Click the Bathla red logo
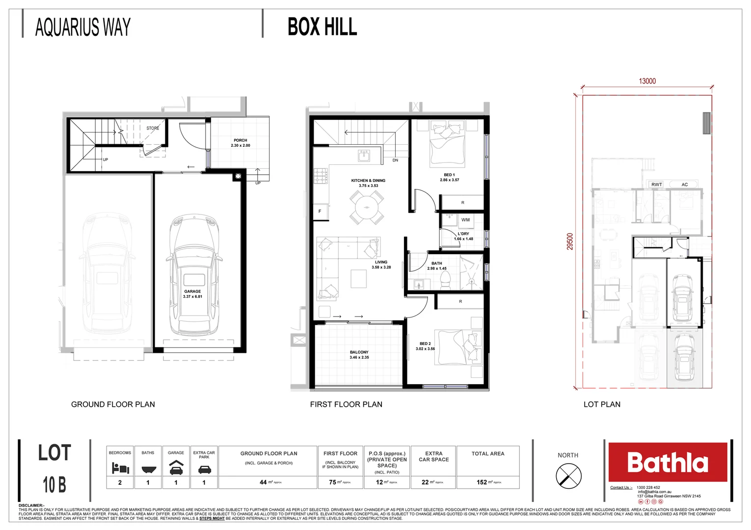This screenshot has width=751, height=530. point(668,462)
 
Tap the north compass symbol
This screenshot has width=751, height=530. point(568,476)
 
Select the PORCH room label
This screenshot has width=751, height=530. point(241,140)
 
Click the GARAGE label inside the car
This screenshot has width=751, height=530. point(192,291)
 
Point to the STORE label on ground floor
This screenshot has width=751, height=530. point(153,128)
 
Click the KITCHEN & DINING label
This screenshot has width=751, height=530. point(368,181)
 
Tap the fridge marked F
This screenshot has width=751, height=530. point(320,212)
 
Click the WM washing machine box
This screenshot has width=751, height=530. point(465,220)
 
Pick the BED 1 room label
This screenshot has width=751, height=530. point(449,175)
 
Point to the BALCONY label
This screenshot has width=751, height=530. point(359,352)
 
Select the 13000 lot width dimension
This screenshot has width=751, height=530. point(647,81)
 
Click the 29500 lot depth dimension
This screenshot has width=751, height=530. point(570,241)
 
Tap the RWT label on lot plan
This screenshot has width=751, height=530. point(656,185)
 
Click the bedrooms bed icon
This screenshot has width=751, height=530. point(120,468)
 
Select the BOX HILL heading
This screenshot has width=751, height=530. point(322,27)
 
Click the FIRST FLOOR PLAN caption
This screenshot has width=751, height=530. point(346,404)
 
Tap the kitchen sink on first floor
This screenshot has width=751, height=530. point(363,157)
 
